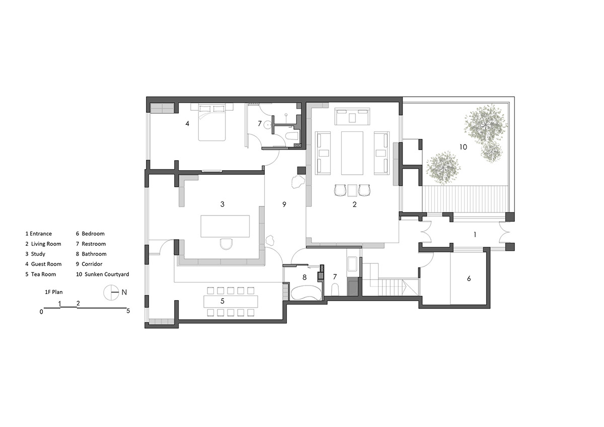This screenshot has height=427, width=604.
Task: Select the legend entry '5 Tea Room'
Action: pos(41,274)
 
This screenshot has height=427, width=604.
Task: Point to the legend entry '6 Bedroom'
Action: pos(90,234)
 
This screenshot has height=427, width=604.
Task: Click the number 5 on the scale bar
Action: pos(128,311)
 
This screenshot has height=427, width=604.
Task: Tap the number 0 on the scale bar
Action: pos(42,312)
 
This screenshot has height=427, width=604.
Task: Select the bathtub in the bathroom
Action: pos(306,293)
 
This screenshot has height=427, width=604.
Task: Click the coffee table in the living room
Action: pos(352,153)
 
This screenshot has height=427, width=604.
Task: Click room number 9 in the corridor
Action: pos(284,204)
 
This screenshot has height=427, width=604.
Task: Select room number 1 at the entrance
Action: pos(474,234)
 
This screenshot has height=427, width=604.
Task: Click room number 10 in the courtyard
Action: pos(463,147)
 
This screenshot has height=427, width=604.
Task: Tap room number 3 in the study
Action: pos(222,204)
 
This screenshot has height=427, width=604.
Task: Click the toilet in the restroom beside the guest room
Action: pos(291,136)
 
